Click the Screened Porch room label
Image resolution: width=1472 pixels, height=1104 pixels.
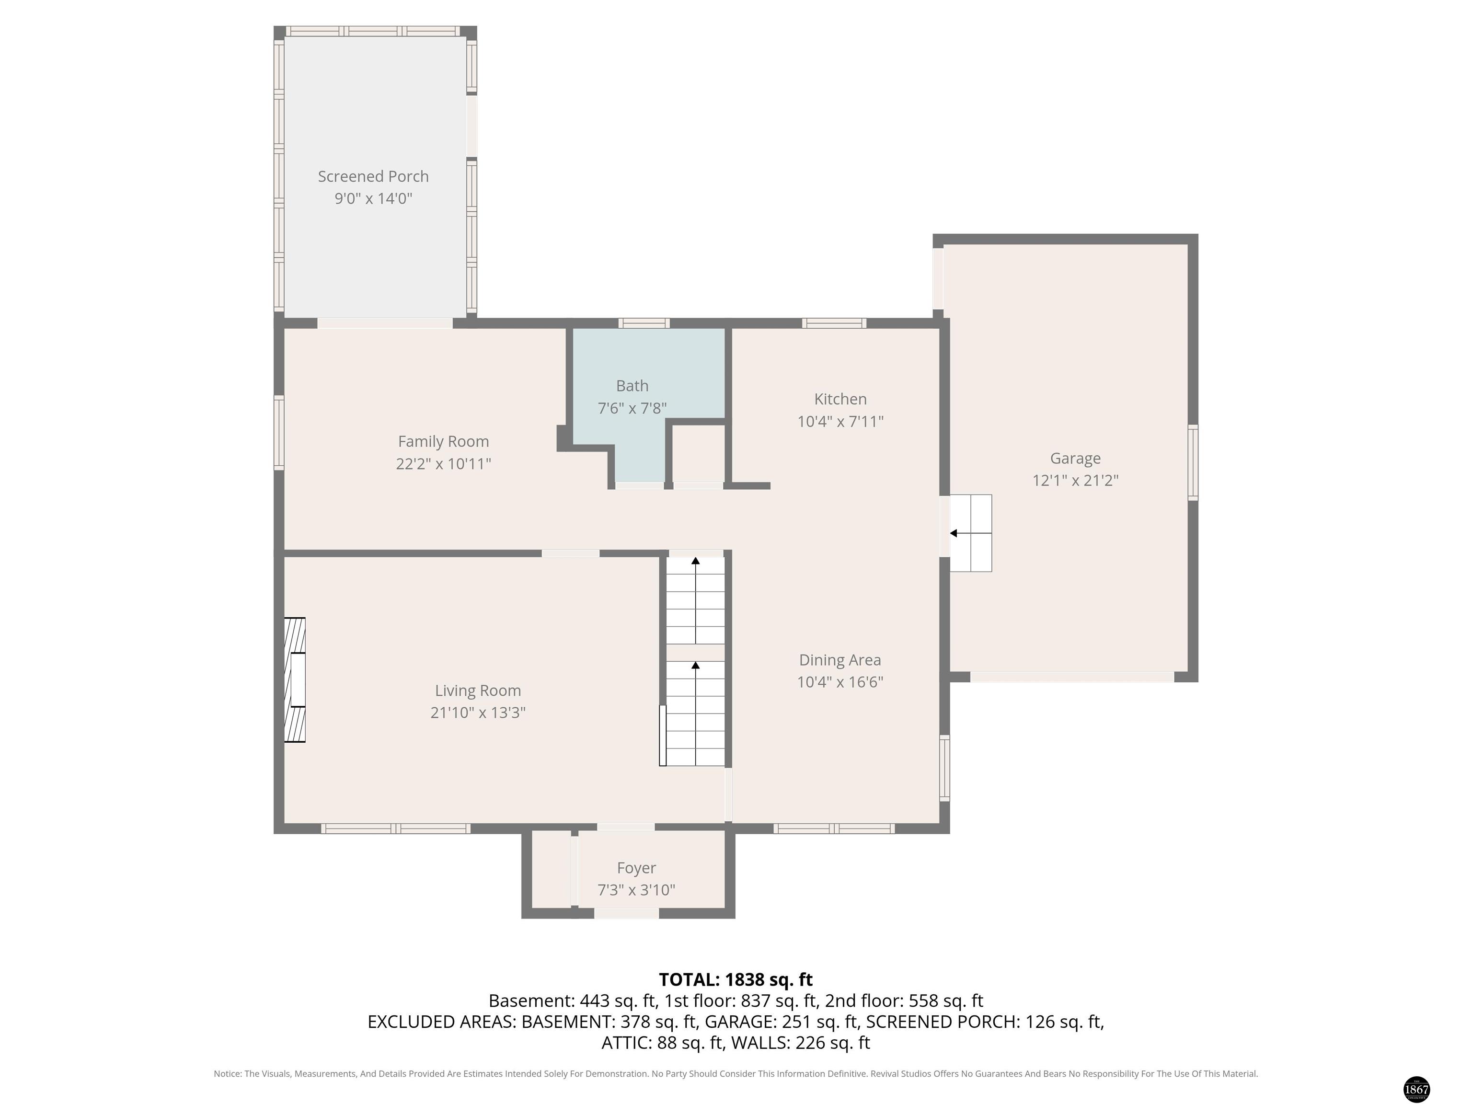[x=373, y=176]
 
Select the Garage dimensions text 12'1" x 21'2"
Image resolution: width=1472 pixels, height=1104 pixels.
[x=1075, y=481]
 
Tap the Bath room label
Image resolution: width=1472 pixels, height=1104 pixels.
[x=632, y=386]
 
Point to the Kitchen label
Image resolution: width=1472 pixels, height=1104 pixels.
[x=840, y=399]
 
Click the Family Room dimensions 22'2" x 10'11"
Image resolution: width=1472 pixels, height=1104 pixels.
[x=443, y=464]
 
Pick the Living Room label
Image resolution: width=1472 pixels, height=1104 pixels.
[x=477, y=691]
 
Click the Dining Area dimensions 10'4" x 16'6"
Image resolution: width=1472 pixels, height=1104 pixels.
[x=840, y=682]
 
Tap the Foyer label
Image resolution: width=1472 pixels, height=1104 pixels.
[x=636, y=868]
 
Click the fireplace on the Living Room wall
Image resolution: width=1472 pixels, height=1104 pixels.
[x=295, y=679]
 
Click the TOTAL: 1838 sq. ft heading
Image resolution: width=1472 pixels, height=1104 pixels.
[x=736, y=979]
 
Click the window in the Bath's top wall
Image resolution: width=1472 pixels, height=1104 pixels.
[x=644, y=323]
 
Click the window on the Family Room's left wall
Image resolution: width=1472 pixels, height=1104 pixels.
[x=279, y=433]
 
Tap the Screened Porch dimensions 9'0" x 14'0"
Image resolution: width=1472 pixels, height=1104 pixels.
[x=373, y=198]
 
